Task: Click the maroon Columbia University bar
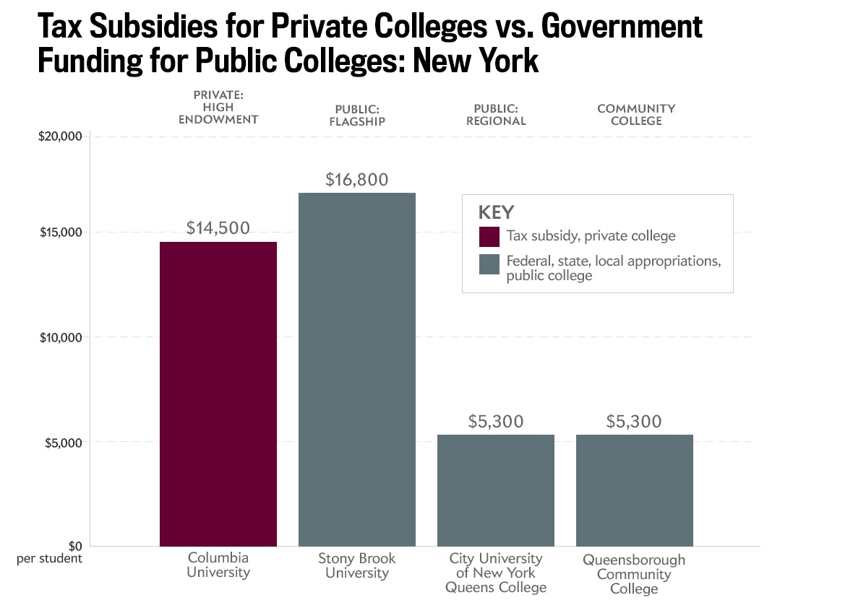[218, 394]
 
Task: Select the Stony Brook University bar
[357, 369]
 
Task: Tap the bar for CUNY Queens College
[496, 490]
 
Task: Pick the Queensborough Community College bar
[635, 490]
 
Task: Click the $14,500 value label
[218, 228]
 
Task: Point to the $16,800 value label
[357, 180]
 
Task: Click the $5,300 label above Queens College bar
[496, 421]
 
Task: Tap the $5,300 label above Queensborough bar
[635, 421]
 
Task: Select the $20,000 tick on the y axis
[60, 136]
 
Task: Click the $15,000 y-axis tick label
[60, 233]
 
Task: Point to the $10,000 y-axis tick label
[60, 337]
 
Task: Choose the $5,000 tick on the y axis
[62, 442]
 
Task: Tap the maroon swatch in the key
[489, 236]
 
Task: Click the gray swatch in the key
[489, 264]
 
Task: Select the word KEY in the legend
[496, 212]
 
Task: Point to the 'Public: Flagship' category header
[357, 115]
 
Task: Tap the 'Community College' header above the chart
[635, 114]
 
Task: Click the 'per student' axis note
[49, 558]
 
